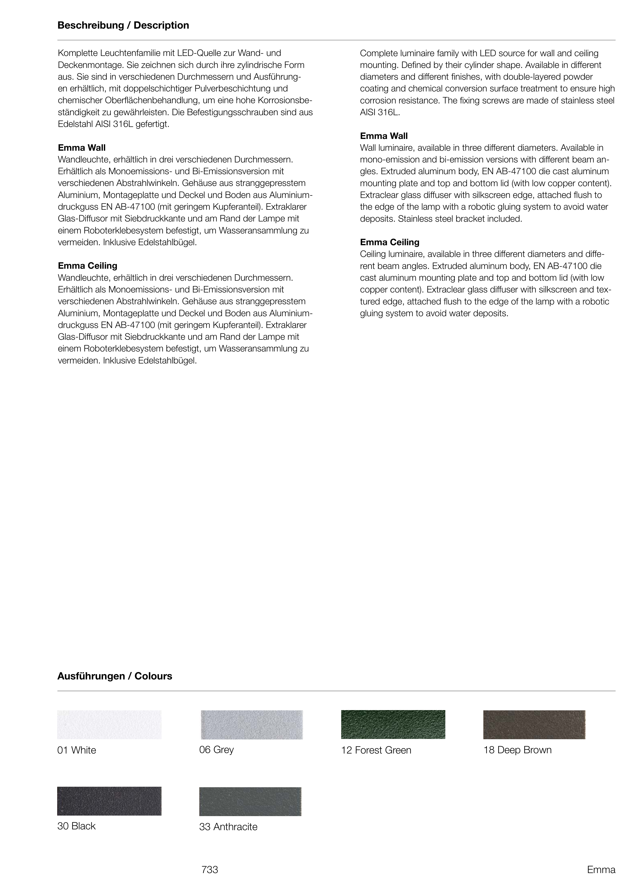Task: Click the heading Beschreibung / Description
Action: [x=123, y=26]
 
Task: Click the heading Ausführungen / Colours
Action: [x=115, y=676]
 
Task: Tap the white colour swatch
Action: [x=109, y=725]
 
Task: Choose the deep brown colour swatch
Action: [x=534, y=725]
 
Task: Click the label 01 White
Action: [x=77, y=750]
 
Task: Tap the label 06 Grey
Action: [x=216, y=749]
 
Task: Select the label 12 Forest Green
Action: [x=376, y=750]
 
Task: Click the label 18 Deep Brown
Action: [x=517, y=750]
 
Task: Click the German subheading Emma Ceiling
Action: [x=88, y=266]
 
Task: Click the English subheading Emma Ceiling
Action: [x=390, y=242]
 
